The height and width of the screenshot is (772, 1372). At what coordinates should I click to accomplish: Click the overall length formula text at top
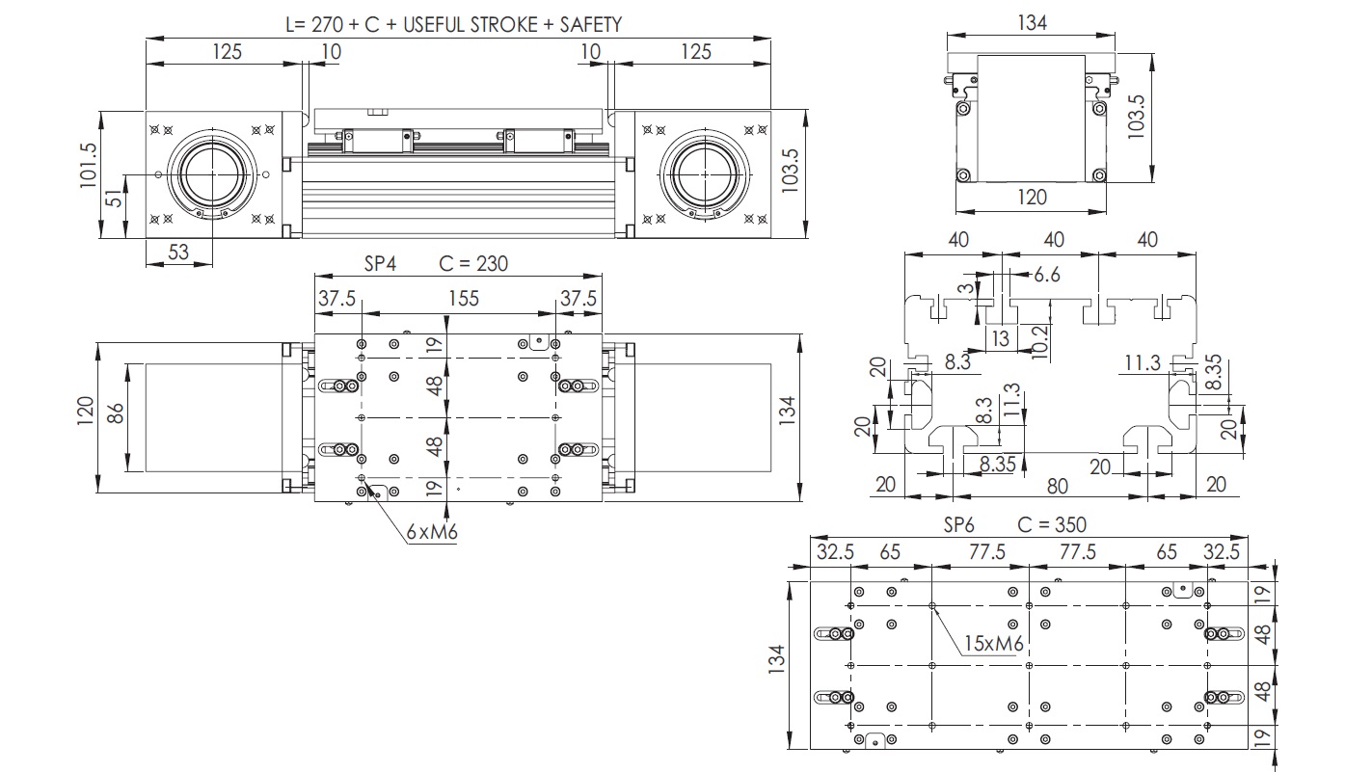pyautogui.click(x=453, y=24)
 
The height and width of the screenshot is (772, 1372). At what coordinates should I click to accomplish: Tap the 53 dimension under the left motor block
pyautogui.click(x=178, y=253)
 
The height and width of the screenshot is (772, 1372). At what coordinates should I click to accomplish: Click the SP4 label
pyautogui.click(x=380, y=263)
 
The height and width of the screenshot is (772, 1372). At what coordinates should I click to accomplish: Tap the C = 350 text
pyautogui.click(x=1052, y=524)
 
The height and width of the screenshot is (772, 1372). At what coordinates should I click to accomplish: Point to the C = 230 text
pyautogui.click(x=473, y=263)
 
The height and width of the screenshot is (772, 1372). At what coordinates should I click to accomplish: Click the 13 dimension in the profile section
pyautogui.click(x=1001, y=337)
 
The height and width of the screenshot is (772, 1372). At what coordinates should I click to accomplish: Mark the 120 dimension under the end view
pyautogui.click(x=1031, y=198)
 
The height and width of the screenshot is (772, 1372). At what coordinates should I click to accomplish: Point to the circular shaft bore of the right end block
pyautogui.click(x=708, y=174)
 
